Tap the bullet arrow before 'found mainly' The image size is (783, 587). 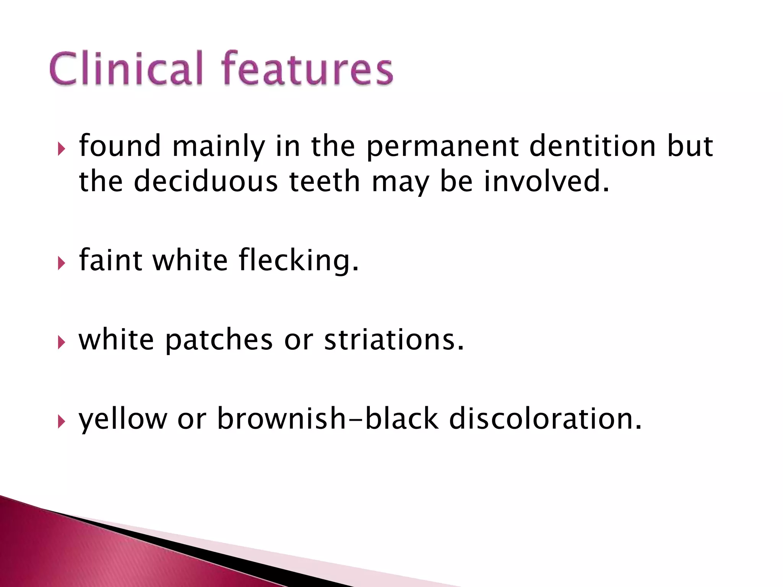pyautogui.click(x=62, y=149)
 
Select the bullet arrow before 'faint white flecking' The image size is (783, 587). pyautogui.click(x=62, y=263)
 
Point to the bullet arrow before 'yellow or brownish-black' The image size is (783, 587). pyautogui.click(x=62, y=422)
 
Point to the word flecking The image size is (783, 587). pyautogui.click(x=299, y=261)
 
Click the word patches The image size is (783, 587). pyautogui.click(x=219, y=341)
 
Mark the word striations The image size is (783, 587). pyautogui.click(x=394, y=340)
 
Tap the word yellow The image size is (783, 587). pyautogui.click(x=123, y=420)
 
